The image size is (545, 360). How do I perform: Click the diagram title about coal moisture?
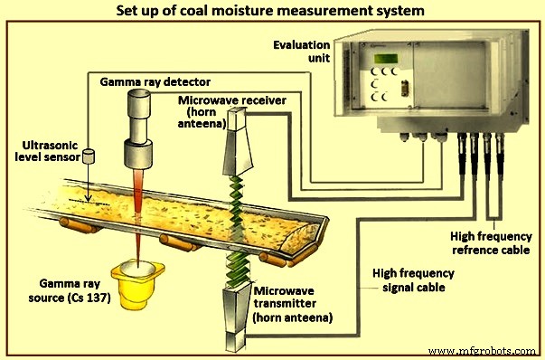(x=273, y=12)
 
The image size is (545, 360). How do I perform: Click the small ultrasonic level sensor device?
(x=89, y=156)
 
